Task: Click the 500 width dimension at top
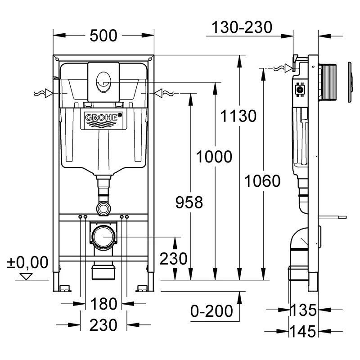[x=103, y=35]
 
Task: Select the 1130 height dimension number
[x=238, y=116]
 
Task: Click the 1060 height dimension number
[x=262, y=181]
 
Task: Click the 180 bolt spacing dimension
[x=103, y=304]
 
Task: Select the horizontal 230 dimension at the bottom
[x=103, y=324]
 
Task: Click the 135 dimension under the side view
[x=303, y=310]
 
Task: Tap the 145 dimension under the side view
[x=303, y=332]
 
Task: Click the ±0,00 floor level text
[x=27, y=262]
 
